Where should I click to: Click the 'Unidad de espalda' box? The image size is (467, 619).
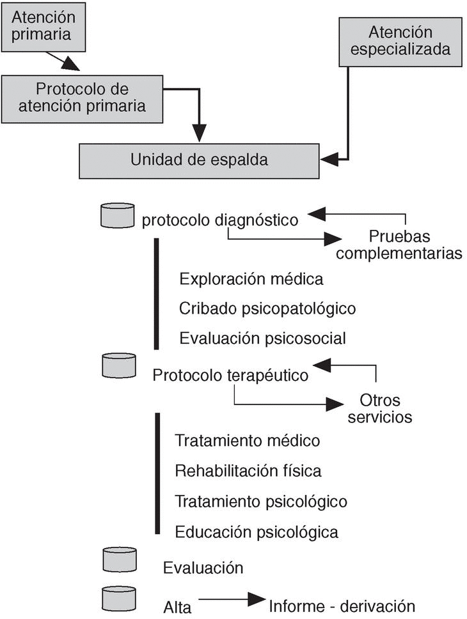tap(199, 160)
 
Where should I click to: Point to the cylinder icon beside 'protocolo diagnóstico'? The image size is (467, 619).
tap(118, 215)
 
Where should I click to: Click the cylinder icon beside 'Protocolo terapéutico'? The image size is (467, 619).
tap(119, 365)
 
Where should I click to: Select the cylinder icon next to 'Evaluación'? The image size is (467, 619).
tap(120, 559)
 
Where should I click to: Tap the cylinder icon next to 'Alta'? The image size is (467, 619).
tap(119, 599)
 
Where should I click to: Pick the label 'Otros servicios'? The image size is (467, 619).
tap(380, 409)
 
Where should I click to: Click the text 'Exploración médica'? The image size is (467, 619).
tap(251, 279)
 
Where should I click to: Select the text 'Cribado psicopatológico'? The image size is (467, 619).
tap(267, 309)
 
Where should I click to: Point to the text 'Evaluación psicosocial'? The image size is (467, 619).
tap(262, 337)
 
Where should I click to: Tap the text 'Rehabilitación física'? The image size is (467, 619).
tap(248, 471)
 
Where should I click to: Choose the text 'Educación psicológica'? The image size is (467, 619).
tap(257, 531)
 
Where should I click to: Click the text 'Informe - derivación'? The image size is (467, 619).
tap(342, 606)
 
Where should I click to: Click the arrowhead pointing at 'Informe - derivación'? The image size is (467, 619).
tap(257, 599)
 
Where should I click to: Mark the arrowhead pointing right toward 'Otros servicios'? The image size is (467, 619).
tap(335, 404)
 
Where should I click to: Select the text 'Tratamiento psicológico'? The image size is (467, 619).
tap(261, 501)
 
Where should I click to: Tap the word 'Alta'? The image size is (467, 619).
tap(177, 607)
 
